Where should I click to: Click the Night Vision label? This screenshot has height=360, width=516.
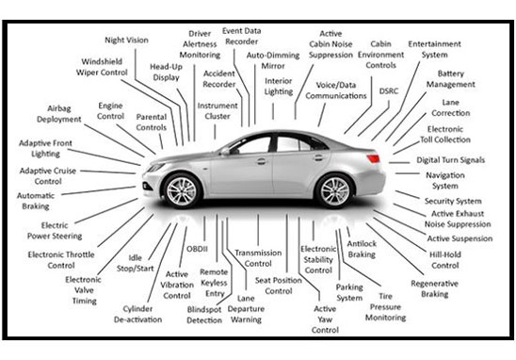(127, 41)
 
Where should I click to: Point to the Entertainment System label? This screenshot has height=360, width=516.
(434, 49)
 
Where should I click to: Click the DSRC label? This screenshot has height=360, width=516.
(389, 90)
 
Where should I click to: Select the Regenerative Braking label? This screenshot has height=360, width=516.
(440, 288)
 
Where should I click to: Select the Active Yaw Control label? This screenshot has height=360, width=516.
(325, 319)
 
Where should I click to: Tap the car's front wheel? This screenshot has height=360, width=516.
(183, 191)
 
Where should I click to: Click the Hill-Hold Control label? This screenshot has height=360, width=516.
(443, 260)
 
